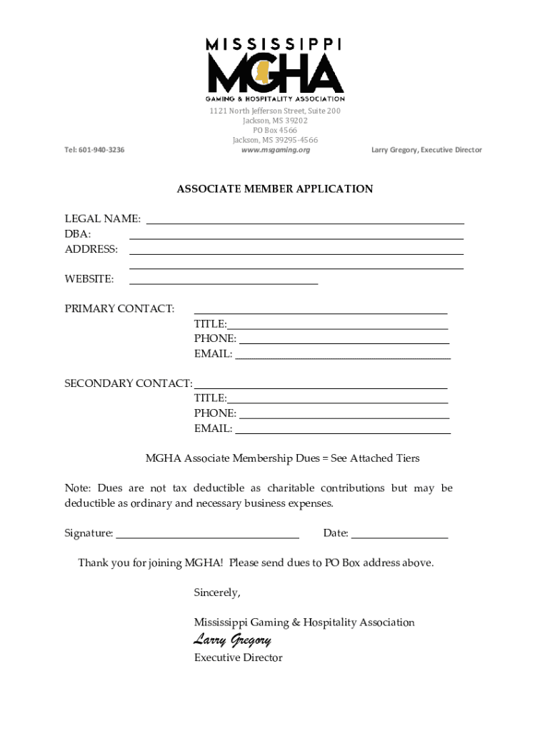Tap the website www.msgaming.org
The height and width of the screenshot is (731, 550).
275,150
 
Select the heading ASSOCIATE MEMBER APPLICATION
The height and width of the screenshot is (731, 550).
275,189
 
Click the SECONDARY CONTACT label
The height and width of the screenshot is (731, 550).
129,384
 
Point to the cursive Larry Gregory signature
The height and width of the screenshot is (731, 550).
232,640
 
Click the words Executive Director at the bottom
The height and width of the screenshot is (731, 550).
238,658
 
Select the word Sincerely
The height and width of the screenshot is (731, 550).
217,593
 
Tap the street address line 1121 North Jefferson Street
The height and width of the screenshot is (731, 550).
275,111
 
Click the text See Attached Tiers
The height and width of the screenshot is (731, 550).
375,458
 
